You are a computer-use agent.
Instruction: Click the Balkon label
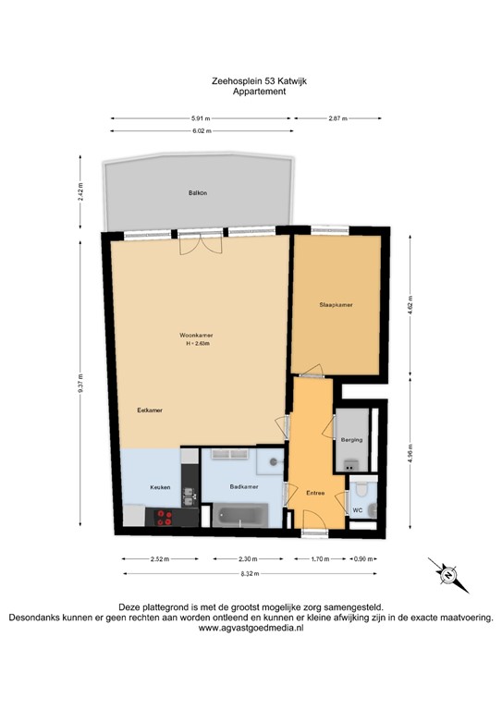[x=197, y=193]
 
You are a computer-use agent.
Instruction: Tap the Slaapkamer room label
[x=336, y=304]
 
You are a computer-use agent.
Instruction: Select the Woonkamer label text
[x=196, y=336]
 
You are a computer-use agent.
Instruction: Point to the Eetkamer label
[x=150, y=410]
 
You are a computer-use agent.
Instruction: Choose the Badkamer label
[x=243, y=486]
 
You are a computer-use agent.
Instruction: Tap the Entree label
[x=316, y=493]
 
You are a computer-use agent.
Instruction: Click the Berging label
[x=351, y=440]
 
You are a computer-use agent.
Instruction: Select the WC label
[x=356, y=509]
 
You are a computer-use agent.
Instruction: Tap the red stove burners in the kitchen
[x=166, y=516]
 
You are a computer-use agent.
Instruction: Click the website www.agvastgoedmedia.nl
[x=251, y=627]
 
